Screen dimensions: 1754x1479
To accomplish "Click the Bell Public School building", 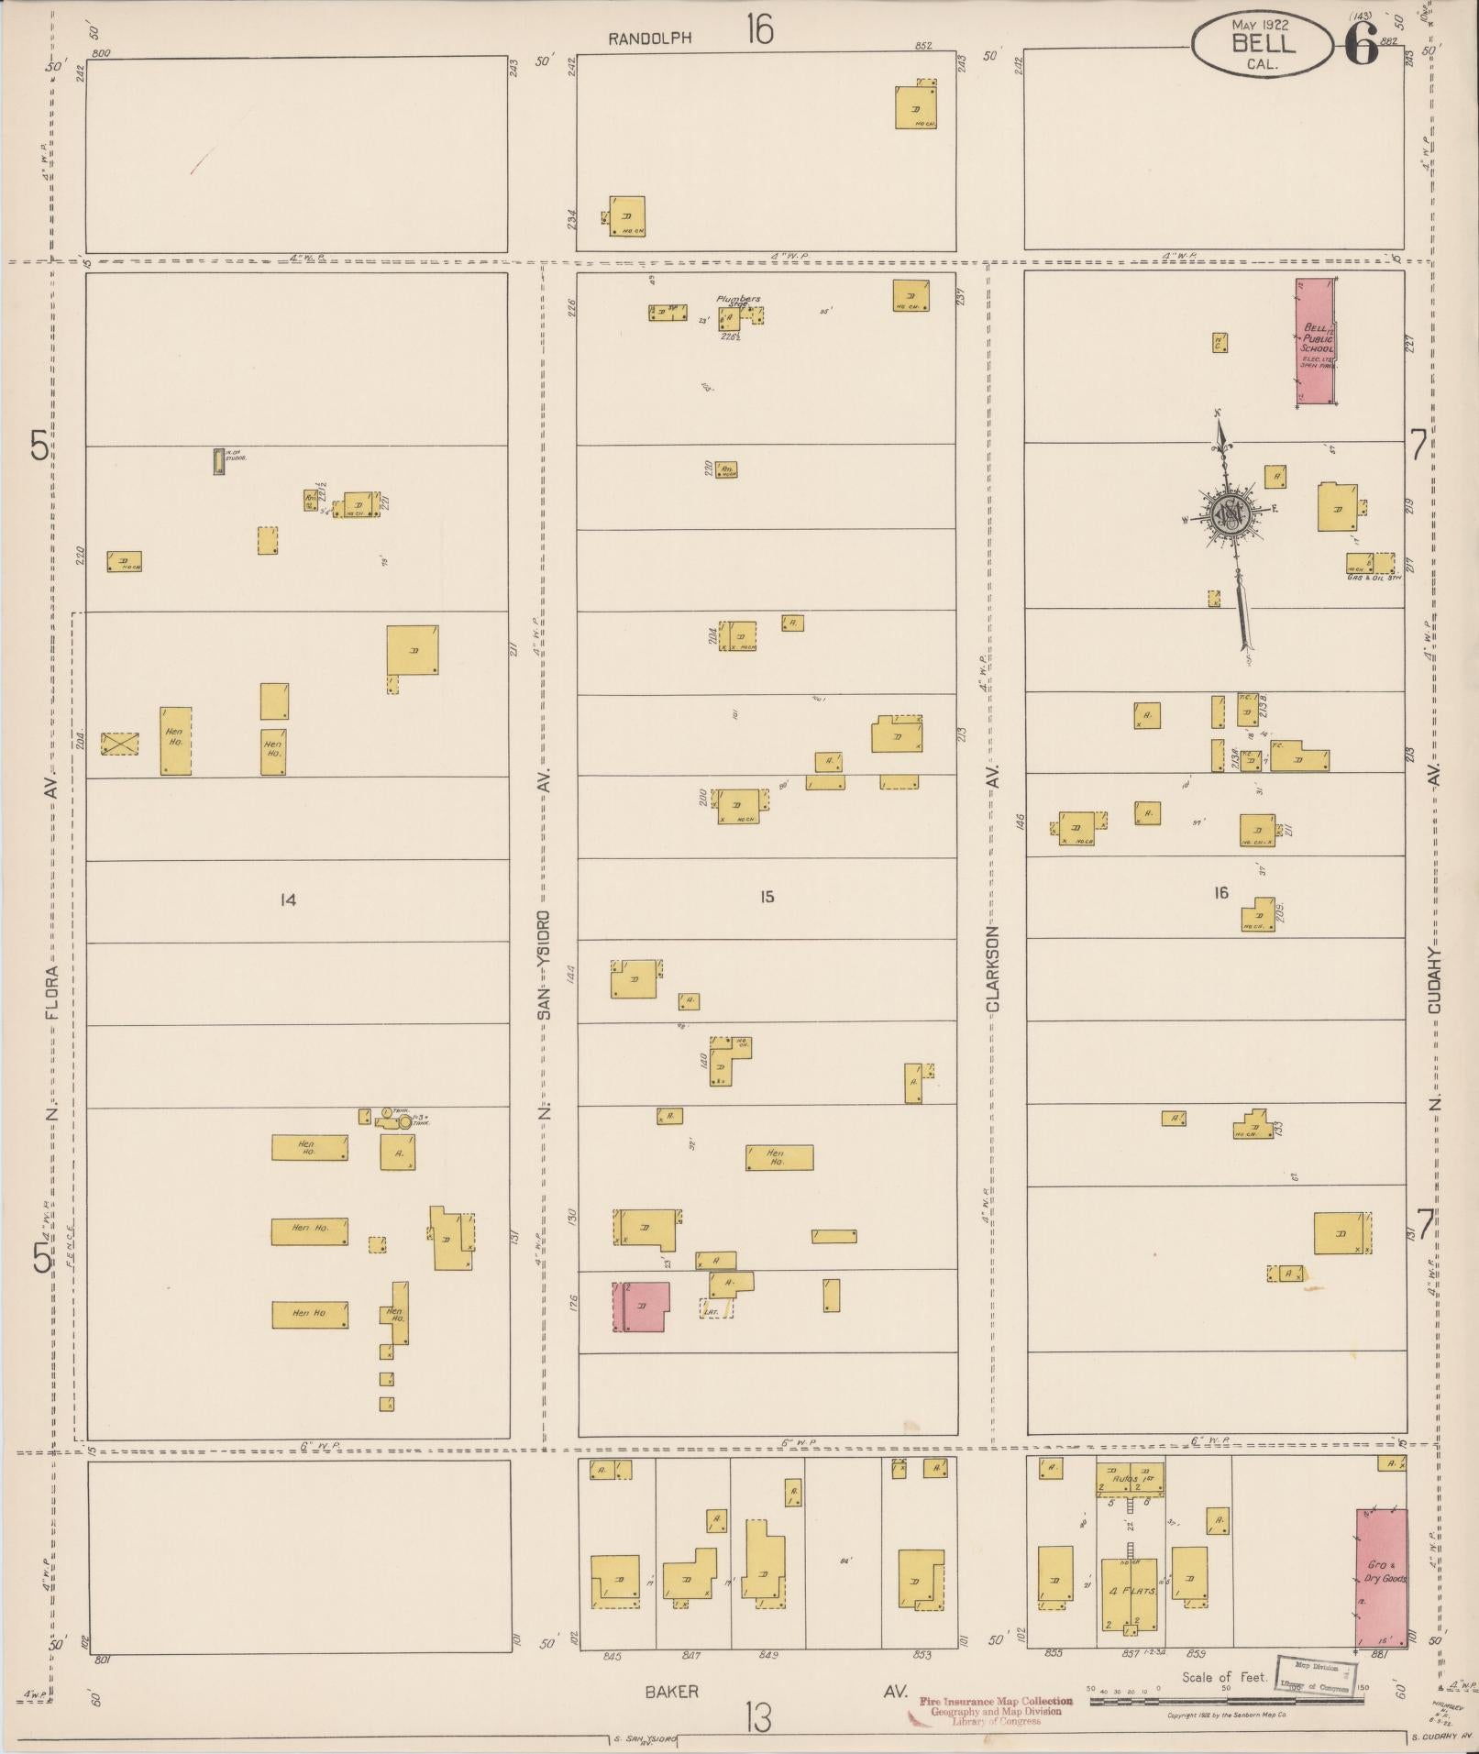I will click(x=1314, y=341).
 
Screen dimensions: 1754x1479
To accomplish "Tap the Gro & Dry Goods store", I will click(x=1381, y=1578).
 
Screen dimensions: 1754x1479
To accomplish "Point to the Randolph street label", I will click(x=649, y=39).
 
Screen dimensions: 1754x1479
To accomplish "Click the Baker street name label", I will click(x=671, y=1692).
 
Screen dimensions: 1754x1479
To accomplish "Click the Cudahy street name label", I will click(x=1436, y=981).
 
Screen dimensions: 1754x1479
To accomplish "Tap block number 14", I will click(x=288, y=900).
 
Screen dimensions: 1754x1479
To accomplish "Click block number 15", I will click(x=767, y=897).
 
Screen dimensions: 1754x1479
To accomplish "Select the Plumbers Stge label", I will click(x=738, y=301).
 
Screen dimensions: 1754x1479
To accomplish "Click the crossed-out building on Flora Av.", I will click(x=119, y=744).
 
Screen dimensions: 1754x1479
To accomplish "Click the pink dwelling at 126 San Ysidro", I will click(x=641, y=1307).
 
